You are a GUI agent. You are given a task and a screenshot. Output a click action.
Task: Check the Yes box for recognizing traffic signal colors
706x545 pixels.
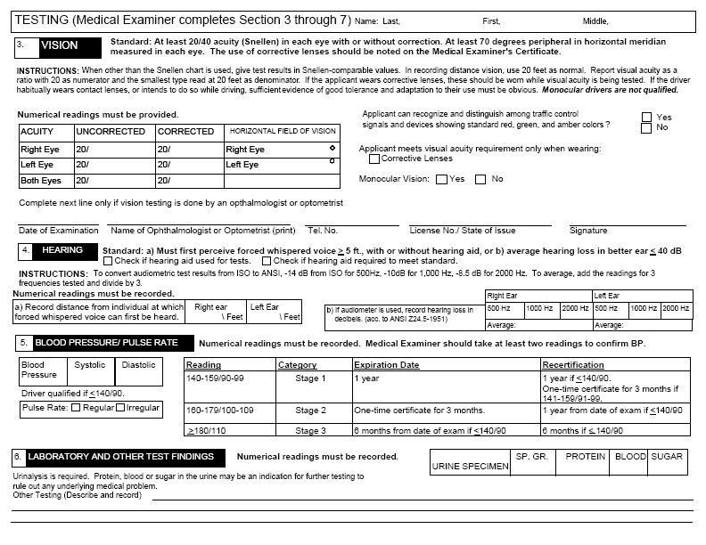(646, 117)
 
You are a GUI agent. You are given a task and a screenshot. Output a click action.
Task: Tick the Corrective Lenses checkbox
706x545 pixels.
(374, 159)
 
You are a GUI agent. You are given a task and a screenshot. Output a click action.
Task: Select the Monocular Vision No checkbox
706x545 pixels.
(480, 179)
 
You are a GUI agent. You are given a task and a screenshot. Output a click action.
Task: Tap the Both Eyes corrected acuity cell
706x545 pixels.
(189, 181)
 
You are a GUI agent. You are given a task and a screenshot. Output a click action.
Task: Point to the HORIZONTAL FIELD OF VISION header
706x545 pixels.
(282, 132)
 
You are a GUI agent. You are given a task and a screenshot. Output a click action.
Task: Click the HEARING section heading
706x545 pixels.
(63, 251)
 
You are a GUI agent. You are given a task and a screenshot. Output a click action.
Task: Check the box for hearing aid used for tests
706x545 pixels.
(108, 262)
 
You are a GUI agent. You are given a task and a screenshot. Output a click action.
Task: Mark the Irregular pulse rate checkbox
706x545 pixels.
(119, 408)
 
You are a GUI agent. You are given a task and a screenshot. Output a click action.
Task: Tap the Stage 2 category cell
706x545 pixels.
(311, 411)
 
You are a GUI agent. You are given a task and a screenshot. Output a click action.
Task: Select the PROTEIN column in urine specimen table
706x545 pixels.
(584, 457)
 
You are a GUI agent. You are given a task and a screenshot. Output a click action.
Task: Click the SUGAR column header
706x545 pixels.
(667, 457)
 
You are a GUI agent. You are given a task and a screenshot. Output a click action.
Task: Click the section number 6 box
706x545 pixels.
(18, 457)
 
